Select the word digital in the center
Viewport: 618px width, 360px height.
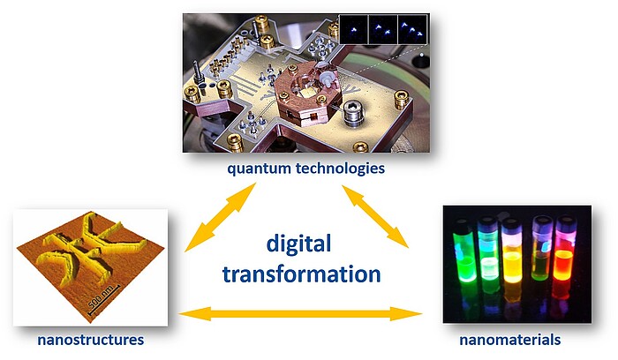298,244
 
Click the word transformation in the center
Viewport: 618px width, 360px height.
302,274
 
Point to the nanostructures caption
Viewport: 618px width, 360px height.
91,340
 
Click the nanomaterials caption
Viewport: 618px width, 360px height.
510,340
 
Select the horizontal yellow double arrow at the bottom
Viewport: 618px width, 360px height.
300,314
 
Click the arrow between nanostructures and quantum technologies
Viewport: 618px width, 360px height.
221,217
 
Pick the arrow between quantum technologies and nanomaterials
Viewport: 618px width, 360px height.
375,217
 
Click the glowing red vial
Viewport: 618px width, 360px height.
563,257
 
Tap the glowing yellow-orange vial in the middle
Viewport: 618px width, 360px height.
512,260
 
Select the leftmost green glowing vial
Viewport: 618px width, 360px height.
463,256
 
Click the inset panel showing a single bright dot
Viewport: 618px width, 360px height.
353,29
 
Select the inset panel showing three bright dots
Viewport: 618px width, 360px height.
412,29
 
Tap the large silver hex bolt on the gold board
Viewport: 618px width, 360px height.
353,114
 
